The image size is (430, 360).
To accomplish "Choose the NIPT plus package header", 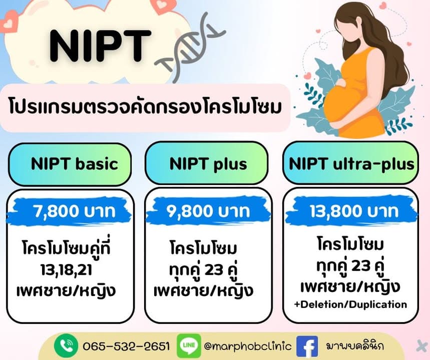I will pos(208,163).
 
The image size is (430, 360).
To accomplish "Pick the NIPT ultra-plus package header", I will pos(350,163).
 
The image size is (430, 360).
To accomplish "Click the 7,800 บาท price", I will pos(74,211).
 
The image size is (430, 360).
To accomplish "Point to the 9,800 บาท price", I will pos(208,211).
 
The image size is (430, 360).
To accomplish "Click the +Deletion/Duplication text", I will pos(350,304).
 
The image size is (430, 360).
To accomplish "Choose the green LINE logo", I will pos(189,346).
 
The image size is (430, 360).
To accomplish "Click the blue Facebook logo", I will pos(307,346).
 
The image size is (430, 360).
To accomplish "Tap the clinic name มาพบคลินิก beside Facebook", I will pos(355,346).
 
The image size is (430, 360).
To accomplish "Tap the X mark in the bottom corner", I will pos(421,345).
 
